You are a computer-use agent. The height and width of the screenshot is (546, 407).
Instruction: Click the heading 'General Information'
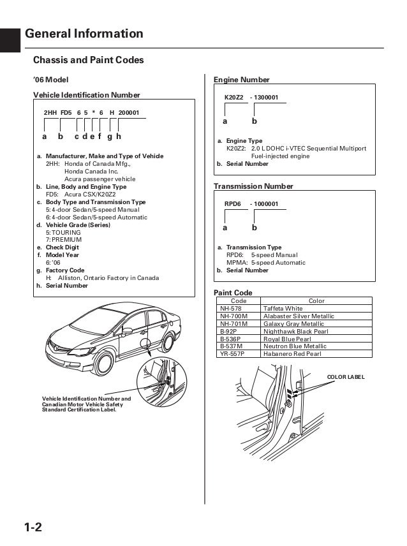[84, 34]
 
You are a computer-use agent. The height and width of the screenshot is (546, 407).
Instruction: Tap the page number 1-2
[34, 528]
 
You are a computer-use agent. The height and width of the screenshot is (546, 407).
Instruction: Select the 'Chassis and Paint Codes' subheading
[88, 61]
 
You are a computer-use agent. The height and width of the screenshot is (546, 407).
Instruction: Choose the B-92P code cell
[230, 330]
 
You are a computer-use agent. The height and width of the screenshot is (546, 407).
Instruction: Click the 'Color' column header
[316, 300]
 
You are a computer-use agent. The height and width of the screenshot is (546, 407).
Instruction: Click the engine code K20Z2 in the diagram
[234, 97]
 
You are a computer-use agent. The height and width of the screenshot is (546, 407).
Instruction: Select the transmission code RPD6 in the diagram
[233, 203]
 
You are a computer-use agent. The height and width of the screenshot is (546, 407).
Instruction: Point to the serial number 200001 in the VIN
[129, 112]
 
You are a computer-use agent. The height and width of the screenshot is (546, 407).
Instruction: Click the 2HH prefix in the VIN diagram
[50, 112]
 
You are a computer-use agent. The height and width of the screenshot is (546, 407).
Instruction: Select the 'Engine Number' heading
[241, 80]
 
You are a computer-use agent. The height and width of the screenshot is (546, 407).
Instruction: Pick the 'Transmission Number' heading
[253, 186]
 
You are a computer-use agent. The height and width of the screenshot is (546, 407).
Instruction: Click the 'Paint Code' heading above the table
[232, 292]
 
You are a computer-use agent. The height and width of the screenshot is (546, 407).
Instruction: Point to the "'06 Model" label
[50, 80]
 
